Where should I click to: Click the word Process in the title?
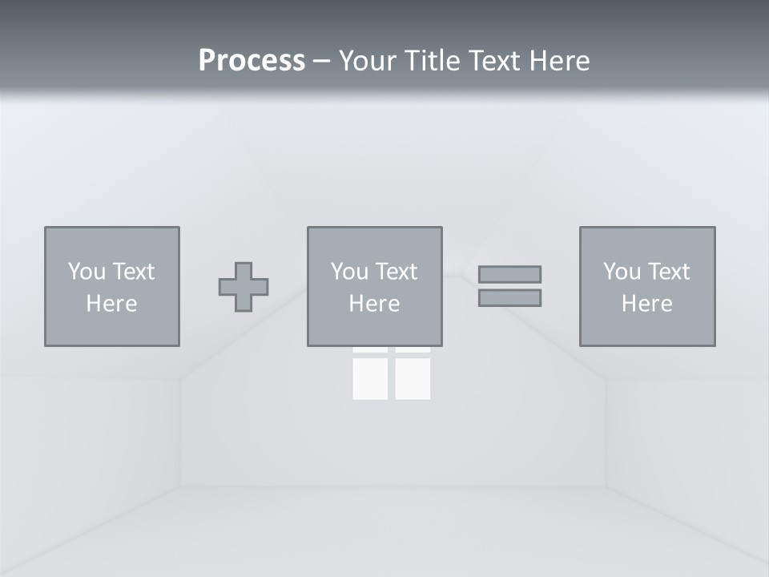(x=252, y=61)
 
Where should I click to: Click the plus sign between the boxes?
(x=244, y=287)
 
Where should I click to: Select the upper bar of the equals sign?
(x=509, y=274)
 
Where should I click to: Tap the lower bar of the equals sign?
(x=509, y=297)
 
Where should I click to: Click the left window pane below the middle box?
(x=370, y=377)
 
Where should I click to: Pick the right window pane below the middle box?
(x=413, y=377)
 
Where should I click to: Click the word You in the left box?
(x=87, y=272)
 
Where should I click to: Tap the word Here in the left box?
(x=112, y=304)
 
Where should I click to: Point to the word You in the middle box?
(x=349, y=272)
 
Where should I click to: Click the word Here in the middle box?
(x=375, y=304)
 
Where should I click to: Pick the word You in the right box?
(x=622, y=272)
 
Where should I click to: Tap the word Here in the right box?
(x=647, y=304)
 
